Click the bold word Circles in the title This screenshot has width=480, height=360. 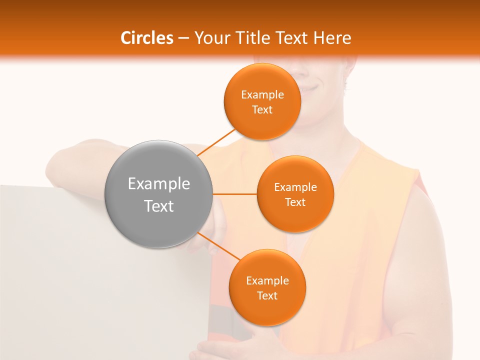point(147,38)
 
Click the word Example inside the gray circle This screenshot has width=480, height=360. point(159,184)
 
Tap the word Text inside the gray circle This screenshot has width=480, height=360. point(159,206)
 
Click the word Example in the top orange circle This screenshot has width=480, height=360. point(262,95)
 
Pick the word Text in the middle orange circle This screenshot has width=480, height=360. point(295,202)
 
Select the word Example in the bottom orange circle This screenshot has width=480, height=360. point(267,281)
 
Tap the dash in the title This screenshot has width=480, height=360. point(183,38)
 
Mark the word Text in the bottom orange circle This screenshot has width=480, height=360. point(267,296)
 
